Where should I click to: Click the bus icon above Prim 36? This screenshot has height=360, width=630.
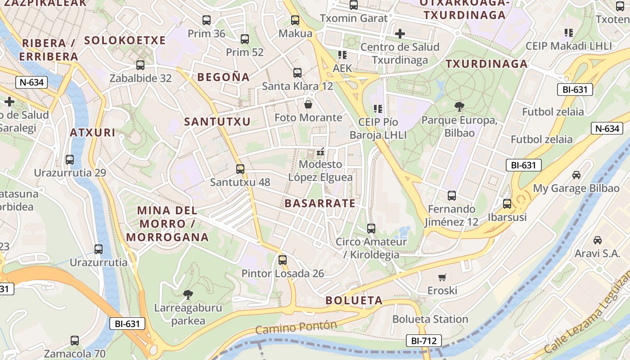tap(207, 20)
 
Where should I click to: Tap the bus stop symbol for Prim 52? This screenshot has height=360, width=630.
tap(245, 39)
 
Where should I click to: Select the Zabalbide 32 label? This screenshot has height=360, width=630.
tap(140, 78)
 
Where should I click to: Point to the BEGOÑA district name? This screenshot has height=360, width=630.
tap(224, 77)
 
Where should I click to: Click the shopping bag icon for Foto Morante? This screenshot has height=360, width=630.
tap(308, 104)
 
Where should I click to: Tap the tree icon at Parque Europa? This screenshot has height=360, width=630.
tap(459, 107)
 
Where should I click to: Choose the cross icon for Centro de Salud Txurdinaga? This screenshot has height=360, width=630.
tap(400, 34)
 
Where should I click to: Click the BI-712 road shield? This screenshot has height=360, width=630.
tap(423, 341)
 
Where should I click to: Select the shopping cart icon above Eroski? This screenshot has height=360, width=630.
tap(442, 277)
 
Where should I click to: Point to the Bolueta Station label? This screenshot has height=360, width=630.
tap(430, 319)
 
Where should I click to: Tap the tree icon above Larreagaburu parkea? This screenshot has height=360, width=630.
tap(188, 295)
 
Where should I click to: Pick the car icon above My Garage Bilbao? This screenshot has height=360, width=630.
tap(576, 175)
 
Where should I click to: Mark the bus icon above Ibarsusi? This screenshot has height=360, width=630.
tap(507, 204)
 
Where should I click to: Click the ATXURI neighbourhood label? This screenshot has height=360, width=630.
tap(93, 133)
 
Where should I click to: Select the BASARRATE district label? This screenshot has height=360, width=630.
tap(320, 203)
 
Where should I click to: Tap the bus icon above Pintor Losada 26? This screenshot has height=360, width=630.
tap(282, 260)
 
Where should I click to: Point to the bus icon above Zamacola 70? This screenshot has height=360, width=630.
tap(75, 341)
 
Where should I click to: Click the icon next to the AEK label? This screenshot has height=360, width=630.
tap(342, 55)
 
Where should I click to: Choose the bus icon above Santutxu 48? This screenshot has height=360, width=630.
tap(240, 169)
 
